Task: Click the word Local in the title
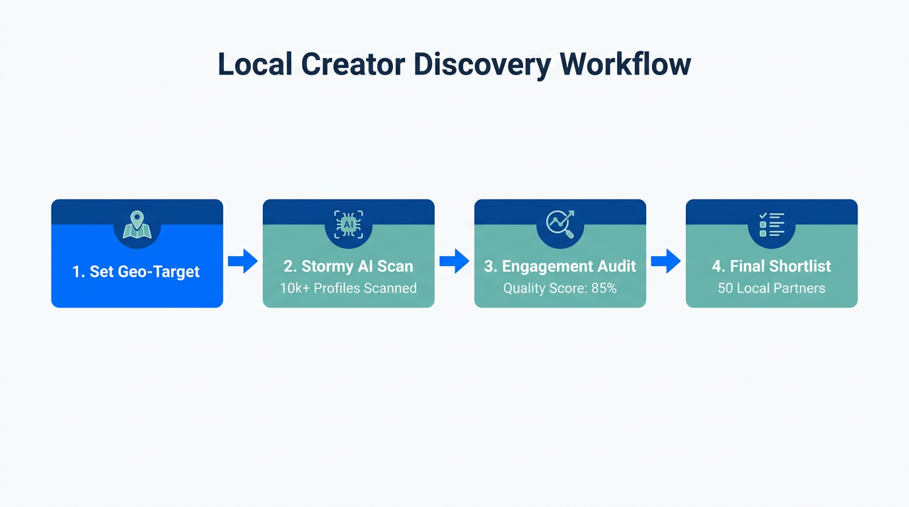pyautogui.click(x=254, y=65)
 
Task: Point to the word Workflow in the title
pyautogui.click(x=625, y=65)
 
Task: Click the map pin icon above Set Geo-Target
pyautogui.click(x=137, y=224)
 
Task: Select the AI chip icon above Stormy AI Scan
pyautogui.click(x=348, y=224)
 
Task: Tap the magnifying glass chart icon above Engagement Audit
pyautogui.click(x=560, y=224)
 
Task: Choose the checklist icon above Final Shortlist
pyautogui.click(x=772, y=224)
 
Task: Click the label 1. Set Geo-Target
pyautogui.click(x=136, y=272)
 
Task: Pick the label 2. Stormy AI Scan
pyautogui.click(x=348, y=266)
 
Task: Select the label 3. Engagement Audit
pyautogui.click(x=560, y=266)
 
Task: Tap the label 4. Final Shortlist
pyautogui.click(x=772, y=266)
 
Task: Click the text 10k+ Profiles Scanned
pyautogui.click(x=348, y=288)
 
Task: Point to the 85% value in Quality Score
pyautogui.click(x=604, y=288)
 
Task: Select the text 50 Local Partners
pyautogui.click(x=772, y=288)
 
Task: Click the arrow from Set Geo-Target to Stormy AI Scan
pyautogui.click(x=242, y=261)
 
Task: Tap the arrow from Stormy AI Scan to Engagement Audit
pyautogui.click(x=454, y=261)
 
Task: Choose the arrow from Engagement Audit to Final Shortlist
pyautogui.click(x=665, y=261)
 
